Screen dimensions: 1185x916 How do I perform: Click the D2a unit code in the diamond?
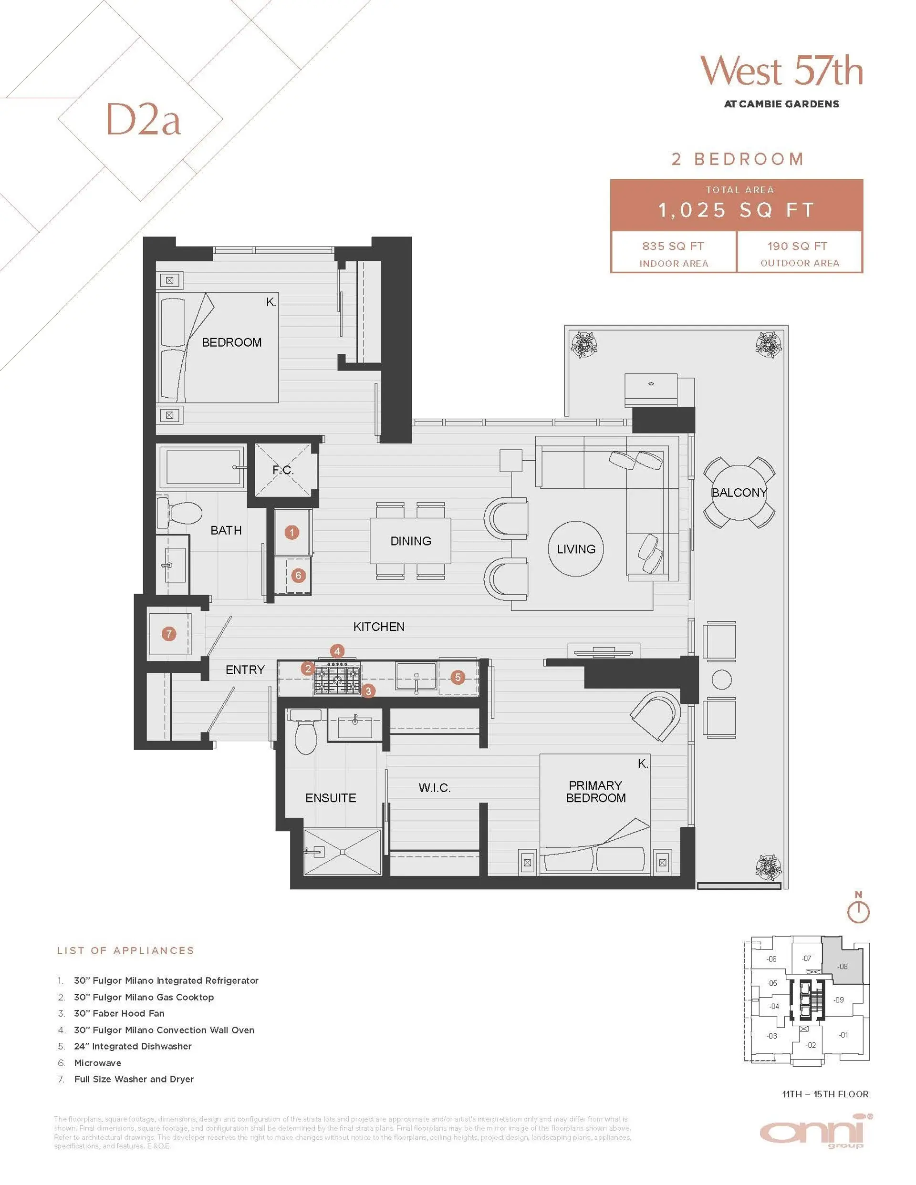(x=143, y=119)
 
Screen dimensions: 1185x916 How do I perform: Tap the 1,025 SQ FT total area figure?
(x=736, y=210)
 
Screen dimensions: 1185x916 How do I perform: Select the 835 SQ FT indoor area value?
(x=673, y=247)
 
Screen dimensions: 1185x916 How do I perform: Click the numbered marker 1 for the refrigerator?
(x=291, y=532)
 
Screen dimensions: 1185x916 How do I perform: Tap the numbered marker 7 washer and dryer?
(x=169, y=634)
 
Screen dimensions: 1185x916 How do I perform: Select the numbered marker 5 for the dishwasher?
(x=458, y=677)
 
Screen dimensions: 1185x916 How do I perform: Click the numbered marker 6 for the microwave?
(x=298, y=575)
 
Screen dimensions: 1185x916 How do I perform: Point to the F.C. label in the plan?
(x=283, y=470)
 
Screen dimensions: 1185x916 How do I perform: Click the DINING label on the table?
(x=410, y=541)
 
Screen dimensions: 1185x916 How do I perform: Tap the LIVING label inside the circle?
(x=575, y=549)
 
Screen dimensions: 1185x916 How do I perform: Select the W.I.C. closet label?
(x=434, y=788)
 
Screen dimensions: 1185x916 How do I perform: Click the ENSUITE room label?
(x=330, y=798)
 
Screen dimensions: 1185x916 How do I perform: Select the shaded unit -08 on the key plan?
(x=842, y=966)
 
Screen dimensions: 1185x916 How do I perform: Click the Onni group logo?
(x=814, y=1131)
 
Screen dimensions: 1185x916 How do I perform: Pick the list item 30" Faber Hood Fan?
(x=119, y=1013)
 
